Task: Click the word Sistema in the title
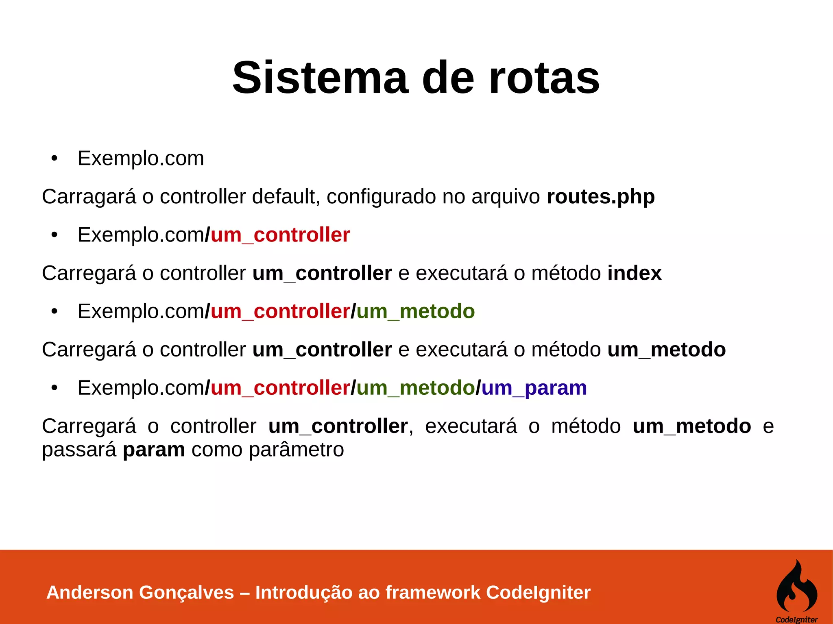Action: pos(320,78)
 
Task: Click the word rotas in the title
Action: pos(544,78)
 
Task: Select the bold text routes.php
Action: pos(600,197)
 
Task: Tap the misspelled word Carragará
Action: pos(89,197)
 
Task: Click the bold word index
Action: pos(634,273)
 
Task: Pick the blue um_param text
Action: pos(534,388)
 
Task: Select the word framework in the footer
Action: pos(433,592)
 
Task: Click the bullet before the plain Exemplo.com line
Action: pos(55,159)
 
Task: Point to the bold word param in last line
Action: pos(154,450)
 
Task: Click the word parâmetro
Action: pos(296,450)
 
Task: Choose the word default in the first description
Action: pos(283,197)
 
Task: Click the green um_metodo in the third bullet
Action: pos(415,311)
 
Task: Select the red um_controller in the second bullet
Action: pos(280,235)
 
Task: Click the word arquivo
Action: pos(506,197)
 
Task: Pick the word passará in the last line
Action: pos(79,450)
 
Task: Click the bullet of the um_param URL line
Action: pos(55,388)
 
